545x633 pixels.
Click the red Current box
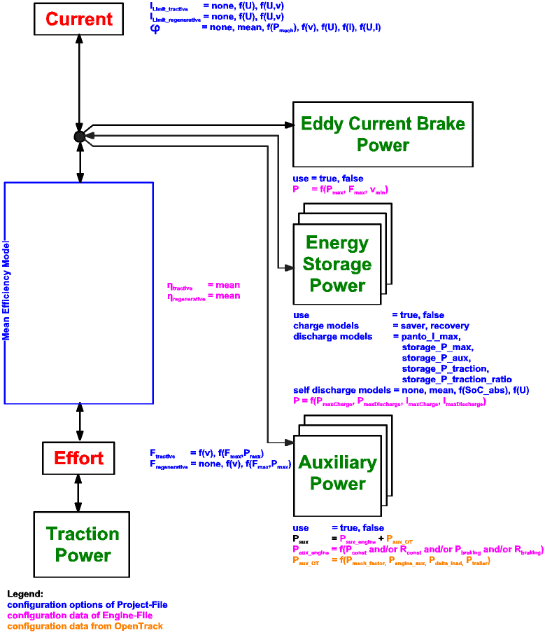80,19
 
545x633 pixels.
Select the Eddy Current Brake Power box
383,134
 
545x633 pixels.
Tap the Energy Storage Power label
337,264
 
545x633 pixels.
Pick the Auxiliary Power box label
337,473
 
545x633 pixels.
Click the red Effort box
78,458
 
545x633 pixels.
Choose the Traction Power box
83,544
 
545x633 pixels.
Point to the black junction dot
80,137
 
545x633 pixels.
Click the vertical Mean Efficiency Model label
6,293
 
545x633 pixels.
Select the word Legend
25,594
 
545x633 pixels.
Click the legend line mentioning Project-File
87,604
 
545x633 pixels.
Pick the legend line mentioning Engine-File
85,615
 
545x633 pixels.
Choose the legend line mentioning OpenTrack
85,625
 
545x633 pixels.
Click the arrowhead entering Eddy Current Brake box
288,125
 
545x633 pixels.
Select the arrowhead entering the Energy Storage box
288,267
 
